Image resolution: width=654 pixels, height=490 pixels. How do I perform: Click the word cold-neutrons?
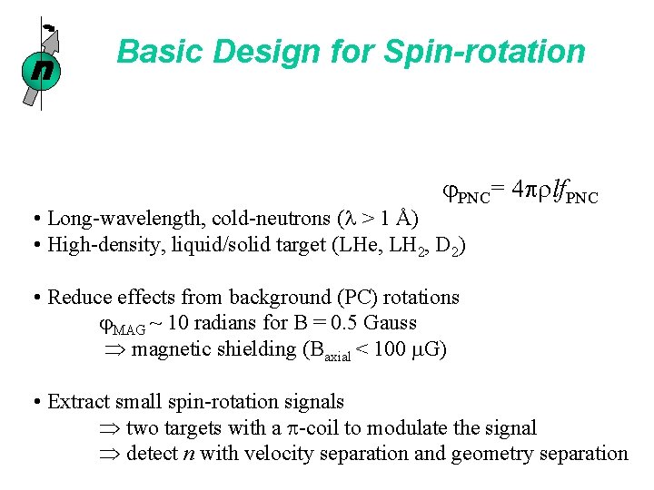tap(263, 218)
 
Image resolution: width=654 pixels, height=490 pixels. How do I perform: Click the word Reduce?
tap(78, 297)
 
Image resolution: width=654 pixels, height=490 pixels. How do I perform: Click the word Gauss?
tap(389, 323)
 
